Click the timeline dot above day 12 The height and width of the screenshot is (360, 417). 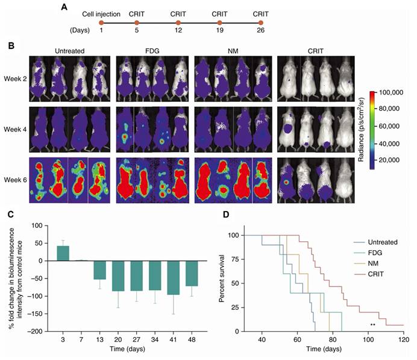click(x=178, y=23)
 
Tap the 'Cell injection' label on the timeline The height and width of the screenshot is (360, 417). click(x=101, y=14)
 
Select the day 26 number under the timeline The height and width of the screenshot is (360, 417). click(x=260, y=30)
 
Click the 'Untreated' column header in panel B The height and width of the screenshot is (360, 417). click(x=70, y=51)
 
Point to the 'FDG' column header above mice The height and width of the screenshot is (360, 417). click(x=152, y=51)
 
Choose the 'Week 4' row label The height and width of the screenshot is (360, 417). click(x=15, y=130)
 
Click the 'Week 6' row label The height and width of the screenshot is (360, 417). click(x=15, y=180)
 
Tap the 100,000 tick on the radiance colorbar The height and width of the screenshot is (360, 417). click(x=391, y=93)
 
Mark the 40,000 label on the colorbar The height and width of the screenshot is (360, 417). click(x=389, y=144)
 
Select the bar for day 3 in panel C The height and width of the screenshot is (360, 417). click(x=63, y=253)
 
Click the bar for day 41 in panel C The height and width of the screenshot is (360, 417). click(x=174, y=277)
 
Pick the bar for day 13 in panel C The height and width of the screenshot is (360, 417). click(x=99, y=270)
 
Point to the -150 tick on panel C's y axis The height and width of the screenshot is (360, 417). click(x=36, y=314)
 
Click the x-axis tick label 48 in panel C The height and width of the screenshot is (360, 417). click(x=192, y=339)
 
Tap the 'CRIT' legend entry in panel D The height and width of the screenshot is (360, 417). click(x=376, y=274)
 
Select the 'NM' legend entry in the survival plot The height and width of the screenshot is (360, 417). click(x=373, y=264)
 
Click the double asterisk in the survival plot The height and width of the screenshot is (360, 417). click(x=373, y=324)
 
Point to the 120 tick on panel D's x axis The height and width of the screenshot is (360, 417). click(x=404, y=339)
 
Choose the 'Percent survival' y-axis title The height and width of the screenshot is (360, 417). click(x=221, y=279)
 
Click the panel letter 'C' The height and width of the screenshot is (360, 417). click(x=11, y=214)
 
